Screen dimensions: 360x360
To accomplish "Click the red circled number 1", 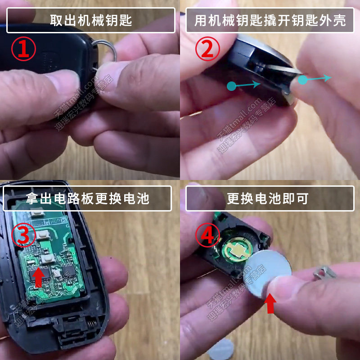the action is (24, 49).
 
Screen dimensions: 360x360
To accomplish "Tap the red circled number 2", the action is (207, 49).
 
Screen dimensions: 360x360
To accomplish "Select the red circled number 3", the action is (24, 235).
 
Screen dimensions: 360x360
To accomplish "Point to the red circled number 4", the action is (207, 235).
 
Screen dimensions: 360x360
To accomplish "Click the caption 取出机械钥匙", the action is (91, 20).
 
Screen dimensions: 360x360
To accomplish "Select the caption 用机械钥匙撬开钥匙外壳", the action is (270, 20).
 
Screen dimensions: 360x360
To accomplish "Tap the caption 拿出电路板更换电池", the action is (87, 198).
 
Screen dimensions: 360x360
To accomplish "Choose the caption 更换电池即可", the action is (268, 198).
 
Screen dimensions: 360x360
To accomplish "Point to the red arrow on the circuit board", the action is (38, 277).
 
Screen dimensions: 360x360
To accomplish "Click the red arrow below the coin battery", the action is (270, 303).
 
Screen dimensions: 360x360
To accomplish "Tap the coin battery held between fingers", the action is (266, 273).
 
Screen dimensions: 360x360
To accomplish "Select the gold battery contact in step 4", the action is (238, 250).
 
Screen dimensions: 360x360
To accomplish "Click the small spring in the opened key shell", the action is (92, 324).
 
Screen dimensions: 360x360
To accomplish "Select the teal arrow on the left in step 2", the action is (243, 85).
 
